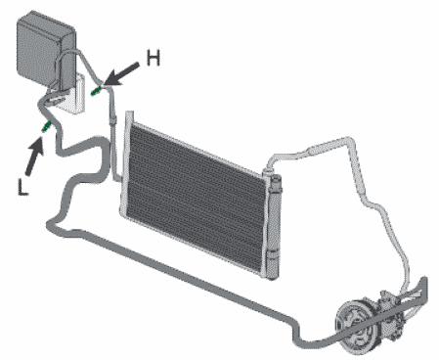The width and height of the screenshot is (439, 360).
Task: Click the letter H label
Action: point(154,58)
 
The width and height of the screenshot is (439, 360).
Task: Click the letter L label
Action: point(22,188)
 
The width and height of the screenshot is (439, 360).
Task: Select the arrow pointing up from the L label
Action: point(35,157)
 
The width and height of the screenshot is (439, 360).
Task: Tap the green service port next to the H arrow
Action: point(96,91)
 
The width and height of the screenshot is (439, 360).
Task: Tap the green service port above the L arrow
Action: point(46,126)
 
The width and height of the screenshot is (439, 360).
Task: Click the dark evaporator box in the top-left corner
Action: point(45,51)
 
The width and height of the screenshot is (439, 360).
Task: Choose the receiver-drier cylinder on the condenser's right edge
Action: point(275,227)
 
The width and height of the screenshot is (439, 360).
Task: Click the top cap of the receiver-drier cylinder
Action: point(276,179)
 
